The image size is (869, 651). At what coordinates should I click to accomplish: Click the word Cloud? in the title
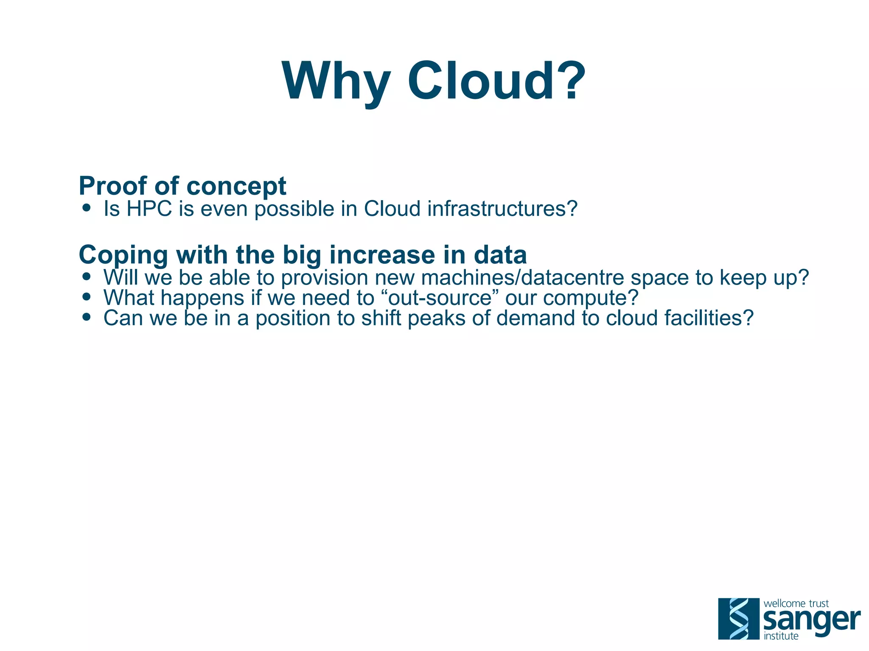pos(496,81)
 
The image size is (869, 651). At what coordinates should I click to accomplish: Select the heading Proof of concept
pos(182,186)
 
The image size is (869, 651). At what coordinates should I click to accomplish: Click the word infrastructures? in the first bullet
pos(502,209)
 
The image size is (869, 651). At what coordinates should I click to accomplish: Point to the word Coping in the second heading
pos(123,255)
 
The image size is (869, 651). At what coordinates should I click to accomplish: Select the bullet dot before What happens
pos(87,297)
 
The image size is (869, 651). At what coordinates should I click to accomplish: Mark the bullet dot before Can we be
pos(87,317)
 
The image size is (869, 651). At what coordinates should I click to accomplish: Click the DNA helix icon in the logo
pos(738,618)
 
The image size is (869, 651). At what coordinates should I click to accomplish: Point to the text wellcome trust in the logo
pos(796,603)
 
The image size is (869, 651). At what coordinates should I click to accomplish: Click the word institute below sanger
pos(781,636)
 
